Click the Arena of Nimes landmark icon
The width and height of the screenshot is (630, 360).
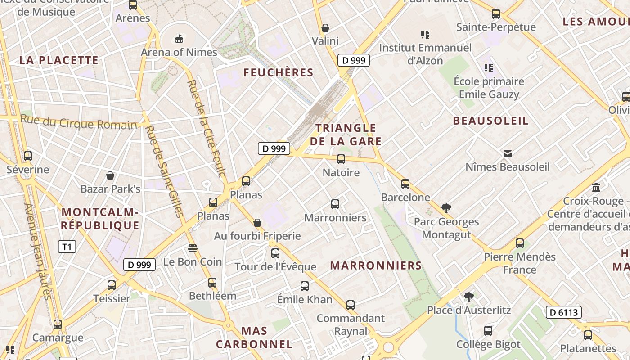[179, 39]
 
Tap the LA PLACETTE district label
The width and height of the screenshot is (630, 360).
[59, 60]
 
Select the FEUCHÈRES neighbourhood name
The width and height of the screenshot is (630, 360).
[279, 72]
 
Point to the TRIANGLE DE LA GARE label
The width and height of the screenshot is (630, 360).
[346, 135]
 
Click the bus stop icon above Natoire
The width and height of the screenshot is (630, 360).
[341, 159]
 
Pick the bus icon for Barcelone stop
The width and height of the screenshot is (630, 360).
[405, 184]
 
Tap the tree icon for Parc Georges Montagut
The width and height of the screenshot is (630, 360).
[446, 208]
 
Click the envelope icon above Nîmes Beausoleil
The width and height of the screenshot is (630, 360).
[508, 153]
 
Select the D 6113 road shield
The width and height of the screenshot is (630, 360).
[563, 312]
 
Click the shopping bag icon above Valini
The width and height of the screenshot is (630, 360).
[325, 28]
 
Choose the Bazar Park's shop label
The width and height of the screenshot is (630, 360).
[110, 189]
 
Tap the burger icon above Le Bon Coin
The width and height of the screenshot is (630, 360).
[193, 248]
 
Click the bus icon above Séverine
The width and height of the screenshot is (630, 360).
[28, 156]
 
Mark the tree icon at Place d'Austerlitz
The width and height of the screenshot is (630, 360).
[469, 297]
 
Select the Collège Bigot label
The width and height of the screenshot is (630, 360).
[488, 344]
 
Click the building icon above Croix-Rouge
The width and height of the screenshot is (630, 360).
[596, 187]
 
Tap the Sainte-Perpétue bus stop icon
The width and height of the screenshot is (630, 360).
[496, 14]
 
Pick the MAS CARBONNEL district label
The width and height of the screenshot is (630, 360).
[254, 337]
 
